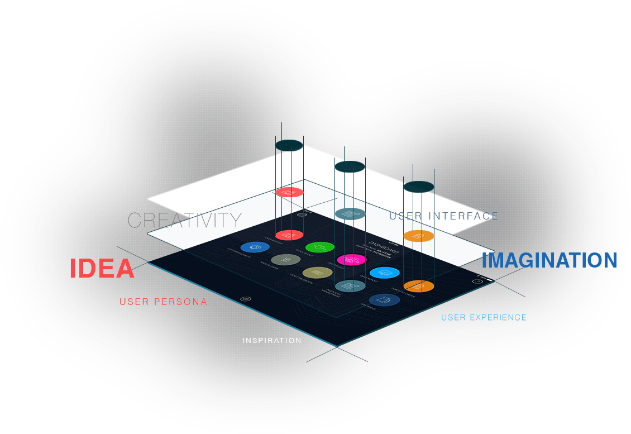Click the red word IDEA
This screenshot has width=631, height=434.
[102, 269]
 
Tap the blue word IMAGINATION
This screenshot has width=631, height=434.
[549, 260]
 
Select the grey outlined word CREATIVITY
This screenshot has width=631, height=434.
[185, 220]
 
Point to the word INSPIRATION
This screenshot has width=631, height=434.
[272, 340]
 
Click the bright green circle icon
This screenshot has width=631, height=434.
[320, 246]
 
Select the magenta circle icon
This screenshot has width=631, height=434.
[351, 259]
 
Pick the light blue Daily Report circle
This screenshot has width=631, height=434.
[385, 273]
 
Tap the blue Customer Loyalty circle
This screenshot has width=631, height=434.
[255, 246]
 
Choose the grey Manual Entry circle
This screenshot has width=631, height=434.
[286, 259]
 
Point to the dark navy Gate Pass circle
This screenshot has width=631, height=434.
[385, 300]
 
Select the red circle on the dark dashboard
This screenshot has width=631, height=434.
[289, 235]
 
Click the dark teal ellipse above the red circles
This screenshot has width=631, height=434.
[289, 146]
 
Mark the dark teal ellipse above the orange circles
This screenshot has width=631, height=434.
[419, 187]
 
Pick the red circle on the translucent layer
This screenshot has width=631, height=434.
[289, 192]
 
